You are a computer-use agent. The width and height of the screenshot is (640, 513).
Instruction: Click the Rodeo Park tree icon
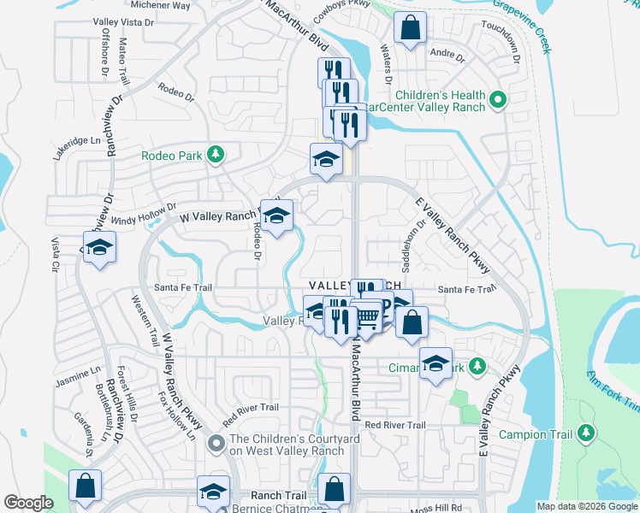tap(217, 155)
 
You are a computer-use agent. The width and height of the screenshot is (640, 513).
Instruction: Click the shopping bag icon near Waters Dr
tap(411, 29)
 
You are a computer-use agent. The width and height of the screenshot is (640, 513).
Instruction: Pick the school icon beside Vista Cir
tap(99, 248)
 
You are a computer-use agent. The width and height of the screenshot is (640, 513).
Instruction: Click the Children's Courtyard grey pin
tap(216, 443)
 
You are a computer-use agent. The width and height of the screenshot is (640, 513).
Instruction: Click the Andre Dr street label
tap(447, 56)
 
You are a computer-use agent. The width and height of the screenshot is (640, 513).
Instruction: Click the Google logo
tap(28, 503)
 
